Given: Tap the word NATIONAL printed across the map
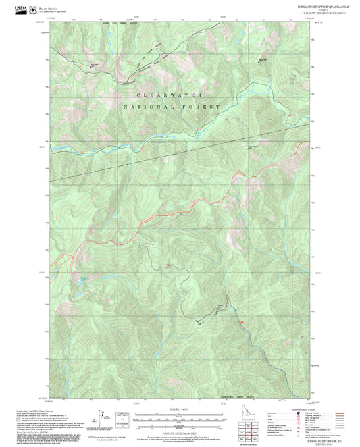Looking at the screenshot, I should (x=149, y=107).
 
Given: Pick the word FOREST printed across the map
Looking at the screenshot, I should (x=207, y=107).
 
